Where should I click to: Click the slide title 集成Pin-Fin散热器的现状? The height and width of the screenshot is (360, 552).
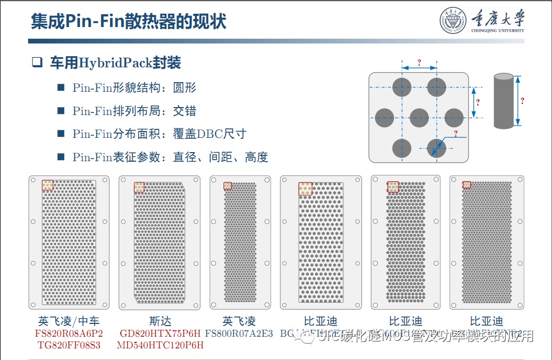tap(129, 22)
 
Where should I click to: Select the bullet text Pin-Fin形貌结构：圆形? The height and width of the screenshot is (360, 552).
tap(135, 87)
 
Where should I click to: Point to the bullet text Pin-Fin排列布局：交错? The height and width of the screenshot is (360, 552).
tap(135, 111)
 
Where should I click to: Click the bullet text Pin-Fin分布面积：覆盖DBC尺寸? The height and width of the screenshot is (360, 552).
tap(159, 134)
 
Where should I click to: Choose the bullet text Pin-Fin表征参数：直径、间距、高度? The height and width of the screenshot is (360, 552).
tap(170, 157)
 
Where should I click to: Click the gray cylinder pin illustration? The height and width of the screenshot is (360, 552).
tap(504, 101)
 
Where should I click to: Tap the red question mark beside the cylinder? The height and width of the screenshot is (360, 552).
tap(522, 100)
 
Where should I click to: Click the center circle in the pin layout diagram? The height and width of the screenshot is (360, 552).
tap(419, 118)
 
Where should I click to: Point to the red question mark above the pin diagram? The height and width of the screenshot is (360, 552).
tap(419, 62)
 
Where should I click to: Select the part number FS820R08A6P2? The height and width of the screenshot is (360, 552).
tap(69, 333)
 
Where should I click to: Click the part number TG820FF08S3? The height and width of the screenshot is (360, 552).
tap(69, 345)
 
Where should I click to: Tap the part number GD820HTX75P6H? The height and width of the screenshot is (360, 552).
tap(161, 333)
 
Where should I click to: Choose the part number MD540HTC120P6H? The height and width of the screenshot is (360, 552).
tap(161, 345)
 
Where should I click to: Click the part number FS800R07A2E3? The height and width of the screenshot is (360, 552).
tap(239, 333)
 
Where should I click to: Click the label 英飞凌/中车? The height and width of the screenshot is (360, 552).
tap(69, 321)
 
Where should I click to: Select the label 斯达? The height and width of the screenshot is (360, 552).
tap(161, 321)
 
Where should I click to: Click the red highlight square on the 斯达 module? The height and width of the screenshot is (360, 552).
tap(139, 187)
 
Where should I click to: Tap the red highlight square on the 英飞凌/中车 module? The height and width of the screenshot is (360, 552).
tap(48, 185)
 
